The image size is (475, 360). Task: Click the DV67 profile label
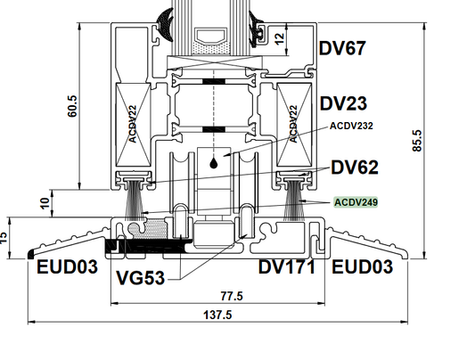[342, 48]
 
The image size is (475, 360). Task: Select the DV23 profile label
[343, 103]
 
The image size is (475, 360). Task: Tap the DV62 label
[355, 168]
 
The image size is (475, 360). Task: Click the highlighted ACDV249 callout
[356, 202]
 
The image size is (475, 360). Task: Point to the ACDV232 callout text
[351, 126]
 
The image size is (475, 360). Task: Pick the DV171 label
[287, 267]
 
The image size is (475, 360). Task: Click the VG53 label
[140, 278]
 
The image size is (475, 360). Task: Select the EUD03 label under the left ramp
[67, 267]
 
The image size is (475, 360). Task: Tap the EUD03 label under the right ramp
[363, 267]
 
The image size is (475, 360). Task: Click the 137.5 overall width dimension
[217, 315]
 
